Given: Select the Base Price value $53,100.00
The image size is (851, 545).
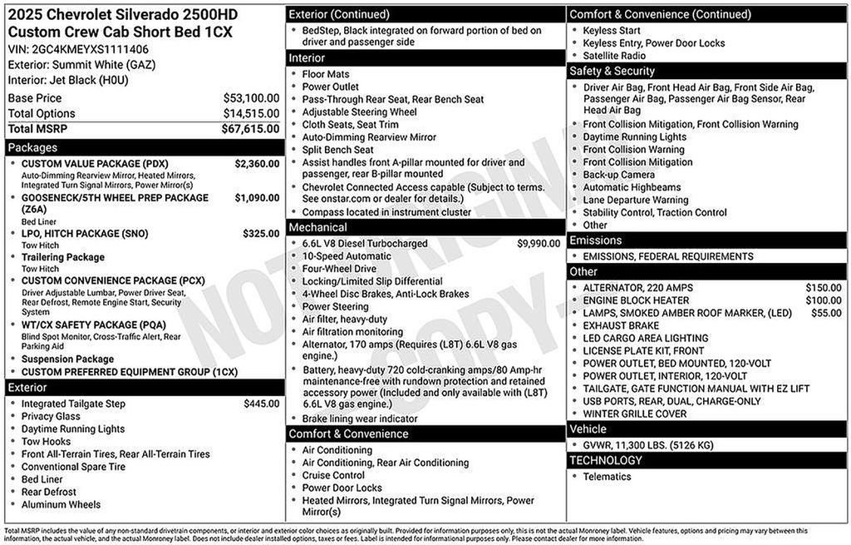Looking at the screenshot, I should pos(251,98).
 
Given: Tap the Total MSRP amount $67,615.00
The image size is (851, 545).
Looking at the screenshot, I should pos(250,129).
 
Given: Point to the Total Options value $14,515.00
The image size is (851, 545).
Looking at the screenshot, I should pos(251,113).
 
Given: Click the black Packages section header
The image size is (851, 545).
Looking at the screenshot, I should pos(144,148).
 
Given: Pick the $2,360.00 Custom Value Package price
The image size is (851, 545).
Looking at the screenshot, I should pos(257,164).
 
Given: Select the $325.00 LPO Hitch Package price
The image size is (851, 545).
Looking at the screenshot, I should pos(261,234).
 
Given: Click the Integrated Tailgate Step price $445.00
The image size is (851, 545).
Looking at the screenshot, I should pos(261,404).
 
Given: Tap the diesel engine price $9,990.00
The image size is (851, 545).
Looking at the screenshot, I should pos(539,244).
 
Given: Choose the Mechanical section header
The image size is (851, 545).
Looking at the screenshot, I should pos(425,227).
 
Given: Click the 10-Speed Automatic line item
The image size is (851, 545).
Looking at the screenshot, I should pos(347,256).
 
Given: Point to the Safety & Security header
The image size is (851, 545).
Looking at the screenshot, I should pos(707,72).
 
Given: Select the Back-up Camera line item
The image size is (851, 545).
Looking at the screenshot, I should pos(618,175).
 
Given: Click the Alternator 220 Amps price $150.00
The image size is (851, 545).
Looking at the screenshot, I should pos(823,288).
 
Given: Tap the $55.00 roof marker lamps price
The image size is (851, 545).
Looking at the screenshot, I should pos(826,313).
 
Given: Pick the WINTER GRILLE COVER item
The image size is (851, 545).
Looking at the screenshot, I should pos(635,414).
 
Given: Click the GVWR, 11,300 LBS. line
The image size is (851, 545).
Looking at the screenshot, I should pos(648,445).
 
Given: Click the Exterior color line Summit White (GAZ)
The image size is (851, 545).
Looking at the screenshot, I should pos(81,65).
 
